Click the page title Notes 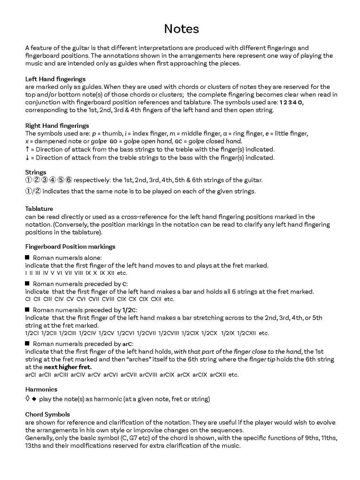pos(181,29)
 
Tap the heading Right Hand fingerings pos(57,125)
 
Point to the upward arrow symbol pos(27,149)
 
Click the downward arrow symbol pos(27,158)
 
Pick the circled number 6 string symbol pos(69,180)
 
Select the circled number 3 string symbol pos(45,180)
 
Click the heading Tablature pos(39,209)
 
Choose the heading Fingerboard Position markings pos(70,246)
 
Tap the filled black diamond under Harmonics pos(34,399)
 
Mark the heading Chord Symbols pos(47,414)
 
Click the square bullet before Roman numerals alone pos(27,258)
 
